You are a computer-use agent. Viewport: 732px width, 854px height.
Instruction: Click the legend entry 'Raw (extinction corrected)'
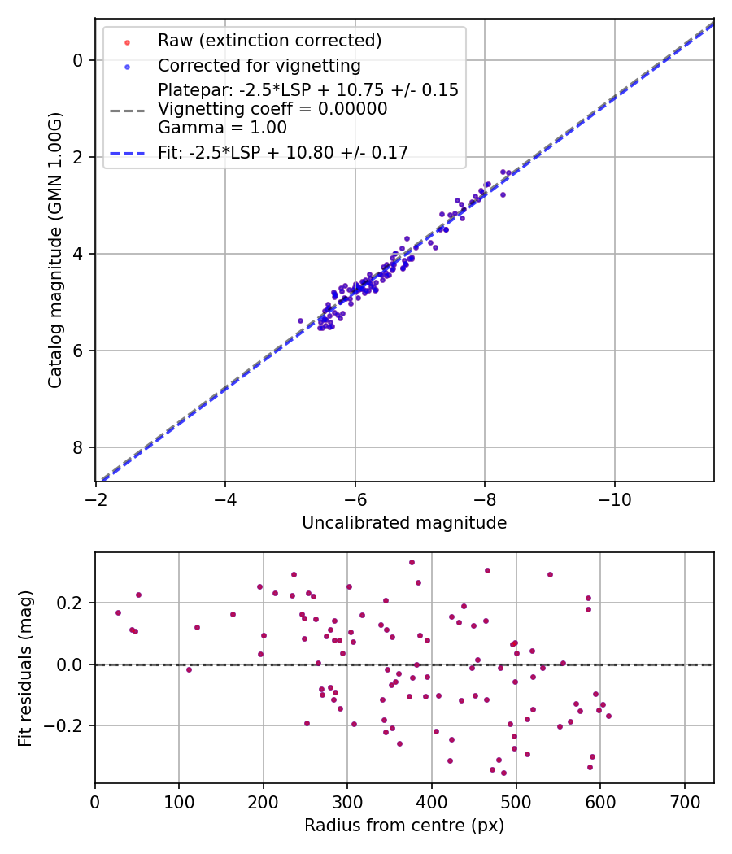pyautogui.click(x=269, y=41)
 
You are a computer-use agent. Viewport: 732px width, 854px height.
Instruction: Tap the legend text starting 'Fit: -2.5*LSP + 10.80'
pyautogui.click(x=283, y=152)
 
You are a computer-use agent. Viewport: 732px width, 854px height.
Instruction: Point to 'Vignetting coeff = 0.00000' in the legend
pyautogui.click(x=272, y=108)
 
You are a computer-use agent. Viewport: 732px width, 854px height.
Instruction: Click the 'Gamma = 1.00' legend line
pyautogui.click(x=222, y=127)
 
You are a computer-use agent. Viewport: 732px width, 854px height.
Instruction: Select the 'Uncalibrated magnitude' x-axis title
pyautogui.click(x=404, y=523)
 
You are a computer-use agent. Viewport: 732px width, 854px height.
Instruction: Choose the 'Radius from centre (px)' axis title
pyautogui.click(x=404, y=826)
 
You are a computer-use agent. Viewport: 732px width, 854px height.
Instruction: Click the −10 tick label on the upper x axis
pyautogui.click(x=614, y=498)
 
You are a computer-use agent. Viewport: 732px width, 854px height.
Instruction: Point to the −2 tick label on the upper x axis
pyautogui.click(x=96, y=498)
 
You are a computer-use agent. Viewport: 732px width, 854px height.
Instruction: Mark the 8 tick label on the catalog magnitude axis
pyautogui.click(x=77, y=447)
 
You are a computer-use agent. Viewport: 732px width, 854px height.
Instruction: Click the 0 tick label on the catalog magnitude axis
pyautogui.click(x=77, y=60)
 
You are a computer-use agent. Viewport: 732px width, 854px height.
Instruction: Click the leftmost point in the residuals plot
pyautogui.click(x=118, y=612)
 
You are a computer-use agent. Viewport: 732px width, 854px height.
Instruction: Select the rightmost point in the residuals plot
pyautogui.click(x=608, y=716)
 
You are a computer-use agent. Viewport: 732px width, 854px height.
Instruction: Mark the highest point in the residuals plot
pyautogui.click(x=412, y=562)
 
